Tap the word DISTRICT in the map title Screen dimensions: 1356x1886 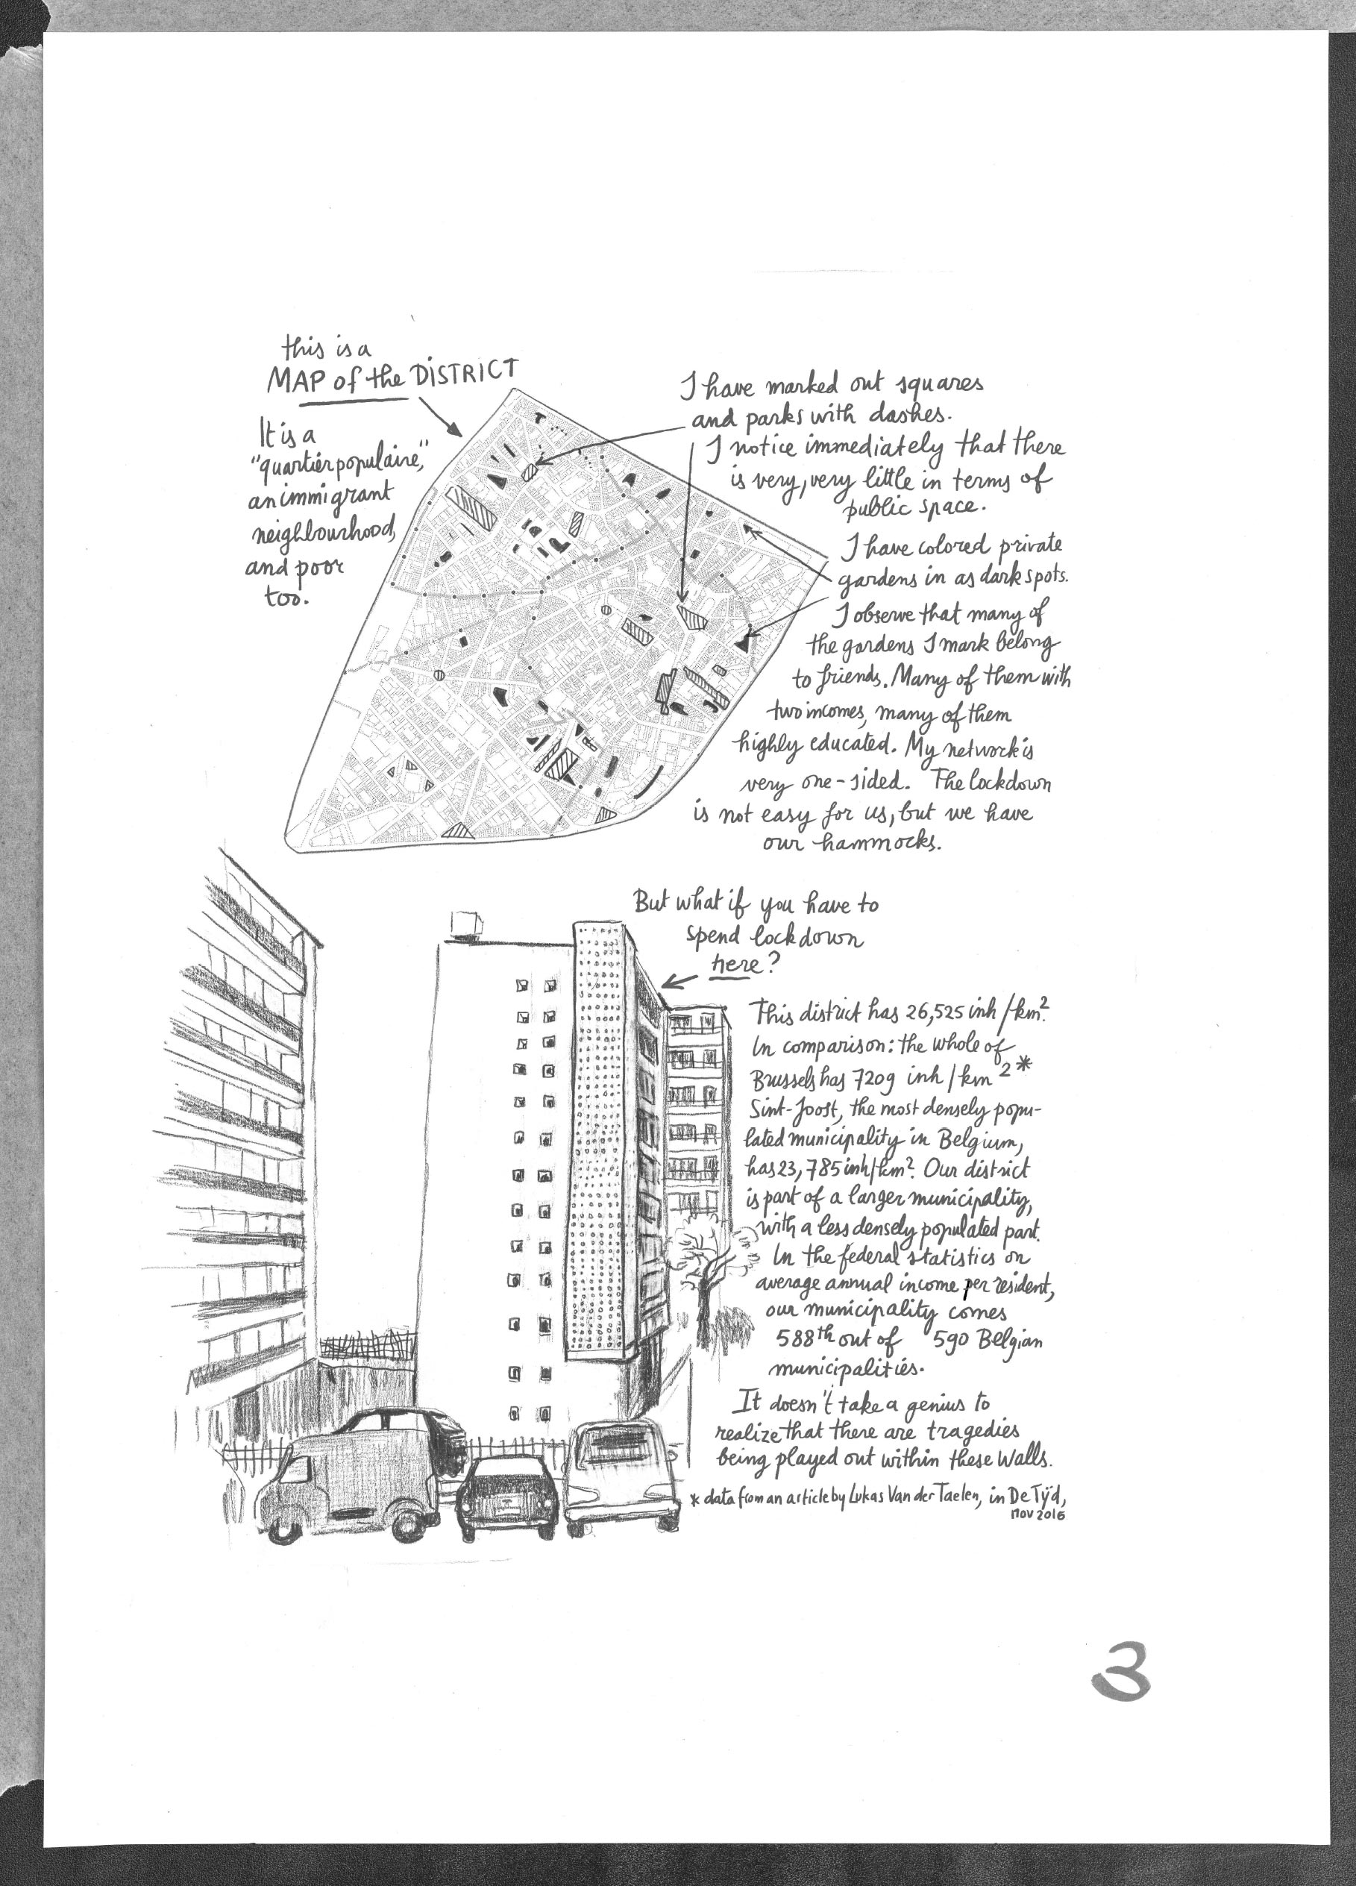(467, 372)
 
